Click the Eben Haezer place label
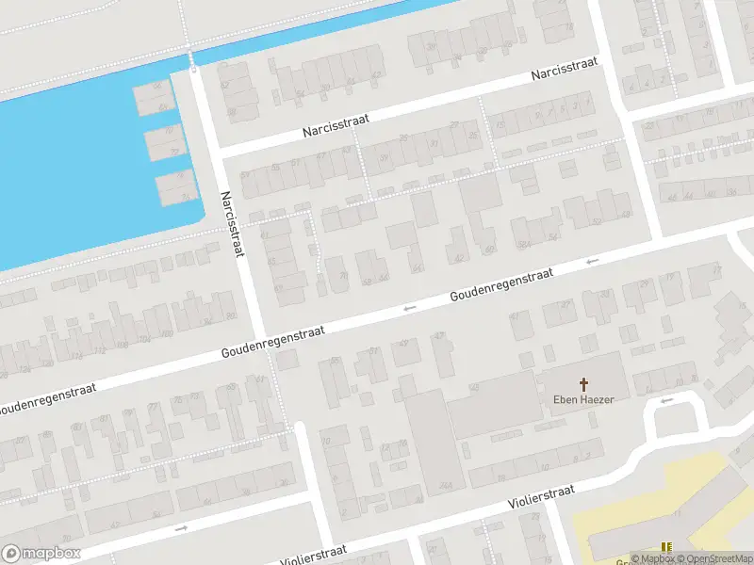tap(583, 400)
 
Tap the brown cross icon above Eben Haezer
tap(583, 384)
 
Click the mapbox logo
tap(41, 554)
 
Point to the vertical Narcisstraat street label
tap(233, 224)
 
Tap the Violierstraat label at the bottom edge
tap(306, 554)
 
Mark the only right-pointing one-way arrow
tap(182, 528)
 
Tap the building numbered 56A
tap(526, 245)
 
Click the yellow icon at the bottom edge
tap(667, 548)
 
